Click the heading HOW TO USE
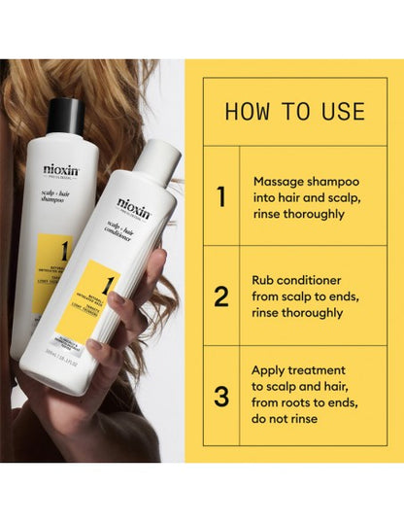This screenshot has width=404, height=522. click(294, 110)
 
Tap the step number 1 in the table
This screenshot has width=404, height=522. click(221, 197)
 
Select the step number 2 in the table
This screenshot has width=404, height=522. click(221, 296)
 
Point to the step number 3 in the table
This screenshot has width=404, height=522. click(221, 398)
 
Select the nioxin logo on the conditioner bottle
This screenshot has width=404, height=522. click(134, 206)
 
